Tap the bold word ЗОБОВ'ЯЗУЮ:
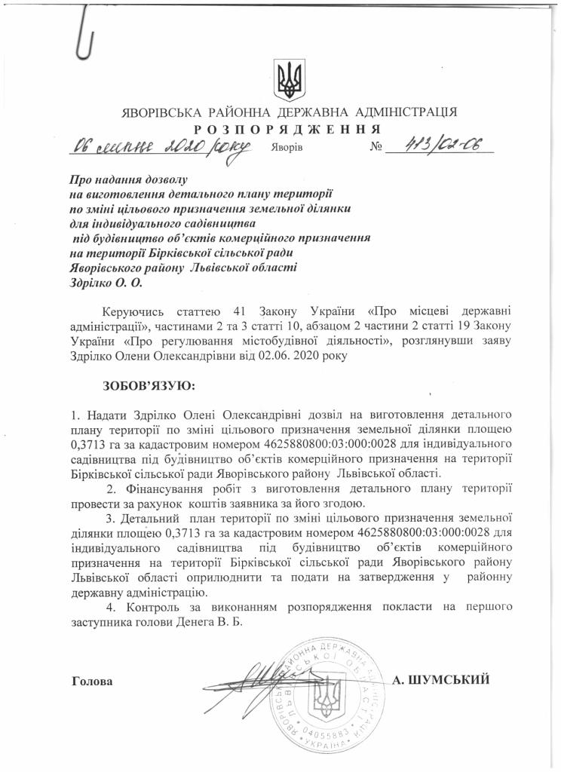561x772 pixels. click(x=148, y=386)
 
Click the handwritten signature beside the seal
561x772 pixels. click(x=256, y=671)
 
